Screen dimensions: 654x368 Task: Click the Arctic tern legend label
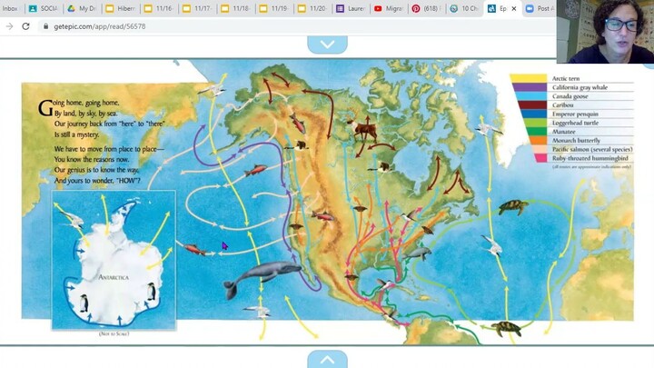tap(568, 79)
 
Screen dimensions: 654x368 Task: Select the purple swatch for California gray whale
tap(526, 88)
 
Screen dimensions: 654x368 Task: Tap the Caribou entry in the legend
tap(564, 105)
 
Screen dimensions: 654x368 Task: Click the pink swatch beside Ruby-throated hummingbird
tap(526, 157)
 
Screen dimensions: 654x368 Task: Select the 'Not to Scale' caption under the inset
tap(114, 334)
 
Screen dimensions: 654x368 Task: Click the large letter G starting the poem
tap(44, 107)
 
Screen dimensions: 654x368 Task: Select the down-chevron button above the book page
tap(327, 44)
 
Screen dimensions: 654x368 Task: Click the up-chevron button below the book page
tap(327, 360)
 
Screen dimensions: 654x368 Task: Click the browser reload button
tap(25, 26)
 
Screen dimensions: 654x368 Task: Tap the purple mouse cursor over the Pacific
tap(224, 245)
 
